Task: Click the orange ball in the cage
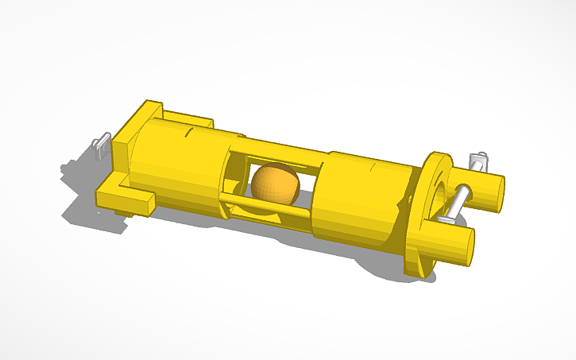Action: click(x=275, y=184)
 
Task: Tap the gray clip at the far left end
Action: click(x=100, y=148)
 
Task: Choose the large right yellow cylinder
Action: click(x=358, y=199)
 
